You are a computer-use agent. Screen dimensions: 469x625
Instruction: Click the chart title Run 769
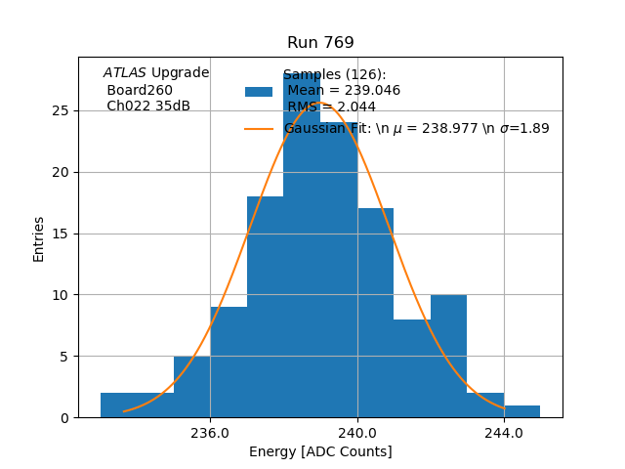pos(320,43)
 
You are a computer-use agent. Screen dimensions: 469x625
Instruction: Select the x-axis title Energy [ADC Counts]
pos(320,451)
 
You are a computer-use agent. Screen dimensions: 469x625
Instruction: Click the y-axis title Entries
pos(39,238)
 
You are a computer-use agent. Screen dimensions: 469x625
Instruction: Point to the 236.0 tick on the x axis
pos(210,432)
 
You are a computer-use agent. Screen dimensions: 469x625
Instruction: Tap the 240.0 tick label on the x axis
pos(357,432)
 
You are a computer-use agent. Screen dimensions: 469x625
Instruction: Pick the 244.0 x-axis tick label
pos(504,432)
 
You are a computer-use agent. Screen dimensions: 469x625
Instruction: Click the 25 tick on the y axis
pos(62,110)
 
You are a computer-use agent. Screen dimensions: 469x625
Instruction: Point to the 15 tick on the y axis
pos(62,234)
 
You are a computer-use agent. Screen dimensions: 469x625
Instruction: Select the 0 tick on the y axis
pos(65,417)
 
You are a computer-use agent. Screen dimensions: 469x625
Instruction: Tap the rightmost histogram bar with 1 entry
pos(522,411)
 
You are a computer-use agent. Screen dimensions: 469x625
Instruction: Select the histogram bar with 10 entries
pos(448,357)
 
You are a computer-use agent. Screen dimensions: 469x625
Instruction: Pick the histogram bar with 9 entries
pos(229,362)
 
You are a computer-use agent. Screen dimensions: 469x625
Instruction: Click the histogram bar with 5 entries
pos(191,387)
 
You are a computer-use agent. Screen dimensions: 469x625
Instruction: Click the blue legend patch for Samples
pos(259,91)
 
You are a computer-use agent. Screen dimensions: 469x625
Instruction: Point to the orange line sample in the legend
pos(259,128)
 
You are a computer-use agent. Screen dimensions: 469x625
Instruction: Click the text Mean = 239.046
pos(344,91)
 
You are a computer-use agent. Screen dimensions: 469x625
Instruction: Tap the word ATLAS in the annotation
pos(125,72)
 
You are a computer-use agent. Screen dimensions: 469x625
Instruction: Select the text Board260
pos(140,90)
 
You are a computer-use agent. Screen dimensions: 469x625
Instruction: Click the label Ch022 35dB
pos(148,106)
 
